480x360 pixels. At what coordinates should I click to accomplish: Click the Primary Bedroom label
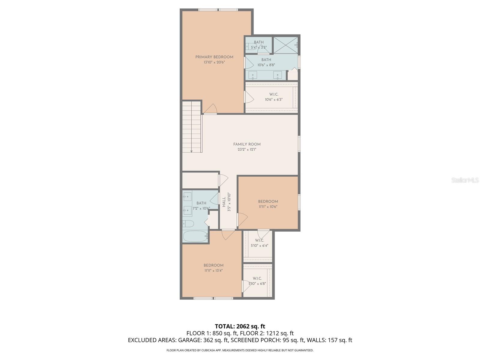(214, 57)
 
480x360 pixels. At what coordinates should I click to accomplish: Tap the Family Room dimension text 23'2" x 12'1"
(247, 149)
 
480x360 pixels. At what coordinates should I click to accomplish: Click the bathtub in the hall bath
(195, 236)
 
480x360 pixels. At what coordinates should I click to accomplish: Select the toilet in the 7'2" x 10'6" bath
(188, 224)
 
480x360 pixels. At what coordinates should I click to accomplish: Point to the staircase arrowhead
(191, 151)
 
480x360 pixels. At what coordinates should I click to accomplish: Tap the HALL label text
(224, 202)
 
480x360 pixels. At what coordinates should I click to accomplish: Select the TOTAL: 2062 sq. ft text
(240, 326)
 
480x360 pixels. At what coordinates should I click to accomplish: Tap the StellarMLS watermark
(465, 180)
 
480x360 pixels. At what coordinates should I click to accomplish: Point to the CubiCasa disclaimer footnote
(240, 350)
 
